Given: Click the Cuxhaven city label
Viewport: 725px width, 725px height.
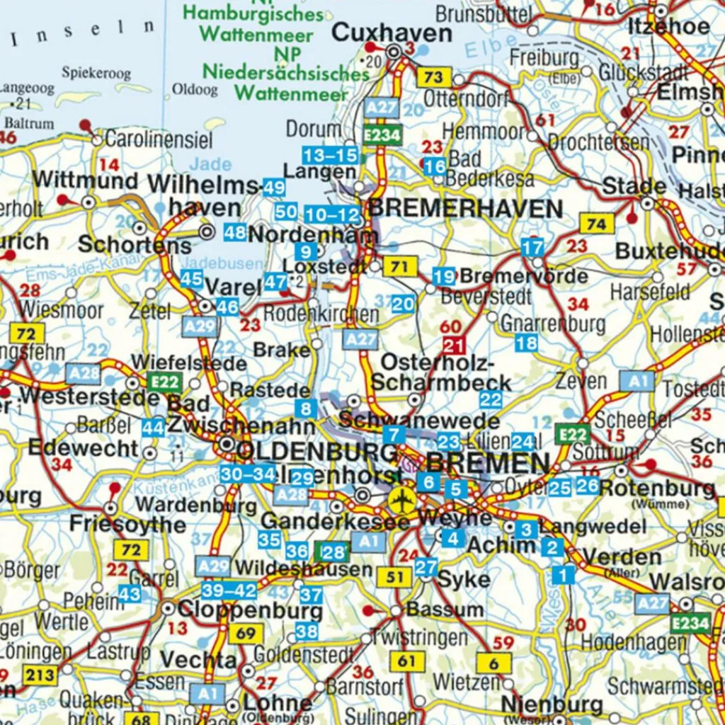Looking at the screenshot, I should pyautogui.click(x=392, y=33).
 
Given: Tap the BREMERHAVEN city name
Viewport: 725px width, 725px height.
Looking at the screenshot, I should pyautogui.click(x=466, y=209).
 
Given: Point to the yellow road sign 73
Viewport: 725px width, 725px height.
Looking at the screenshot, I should pyautogui.click(x=433, y=77).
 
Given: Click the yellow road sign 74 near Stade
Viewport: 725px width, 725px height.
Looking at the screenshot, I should pyautogui.click(x=597, y=224).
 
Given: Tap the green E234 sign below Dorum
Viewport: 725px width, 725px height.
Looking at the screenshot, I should pyautogui.click(x=383, y=135).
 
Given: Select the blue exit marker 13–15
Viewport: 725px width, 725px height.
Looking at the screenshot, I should pyautogui.click(x=330, y=155).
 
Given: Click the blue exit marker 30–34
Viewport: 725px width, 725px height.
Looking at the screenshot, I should pyautogui.click(x=247, y=474).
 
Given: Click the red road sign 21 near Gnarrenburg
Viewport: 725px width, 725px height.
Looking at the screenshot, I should pyautogui.click(x=453, y=346).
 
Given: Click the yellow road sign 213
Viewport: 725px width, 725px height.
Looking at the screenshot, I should pyautogui.click(x=40, y=675).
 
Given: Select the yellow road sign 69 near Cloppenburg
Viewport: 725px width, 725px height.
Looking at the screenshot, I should pyautogui.click(x=245, y=633).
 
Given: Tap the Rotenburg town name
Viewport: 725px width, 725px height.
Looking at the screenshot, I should pyautogui.click(x=657, y=488).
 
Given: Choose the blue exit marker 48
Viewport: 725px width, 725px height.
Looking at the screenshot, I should pyautogui.click(x=234, y=232).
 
